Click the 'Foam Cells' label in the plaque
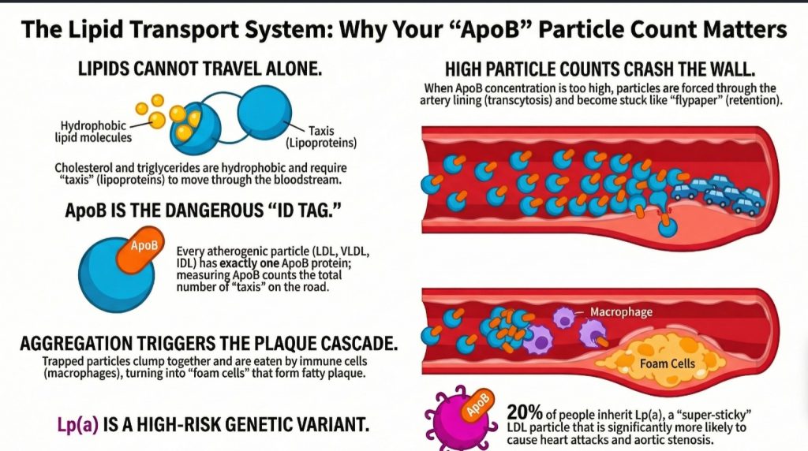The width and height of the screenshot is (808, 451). pos(668,363)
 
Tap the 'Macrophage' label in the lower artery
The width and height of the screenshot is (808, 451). pos(621,311)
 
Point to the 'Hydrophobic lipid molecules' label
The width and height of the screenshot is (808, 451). pos(93,132)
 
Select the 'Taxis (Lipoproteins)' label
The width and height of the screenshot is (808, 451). pos(321,137)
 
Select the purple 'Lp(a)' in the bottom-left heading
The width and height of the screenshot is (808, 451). pos(77,425)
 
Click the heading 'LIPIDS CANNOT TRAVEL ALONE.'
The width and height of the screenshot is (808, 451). pos(200,69)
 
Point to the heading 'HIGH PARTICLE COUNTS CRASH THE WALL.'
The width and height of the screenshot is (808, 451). pos(600,69)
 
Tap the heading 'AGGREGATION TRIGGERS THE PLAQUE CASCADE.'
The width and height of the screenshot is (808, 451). pos(208,344)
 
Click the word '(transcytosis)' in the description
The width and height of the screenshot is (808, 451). pos(518,100)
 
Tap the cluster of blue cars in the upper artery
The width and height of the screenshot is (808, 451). pos(719,194)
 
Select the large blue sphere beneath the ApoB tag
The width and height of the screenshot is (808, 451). pos(117,274)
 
